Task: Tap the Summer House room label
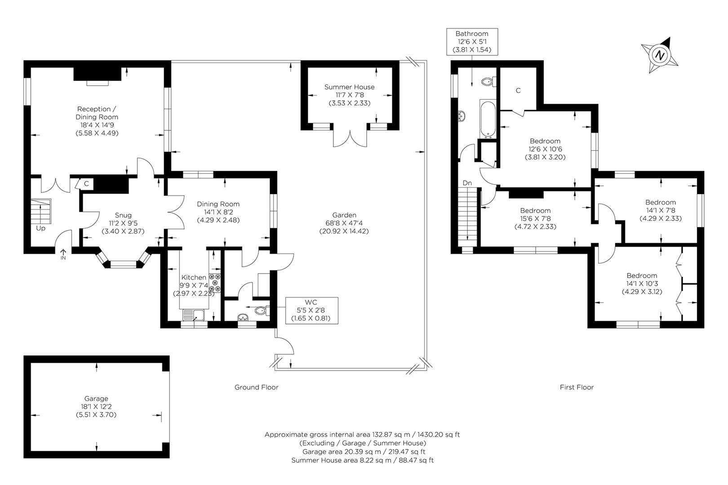(349, 95)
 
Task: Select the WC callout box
(312, 311)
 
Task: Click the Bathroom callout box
(472, 42)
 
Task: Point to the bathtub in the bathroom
(488, 119)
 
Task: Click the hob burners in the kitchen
(215, 283)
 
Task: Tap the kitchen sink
(194, 315)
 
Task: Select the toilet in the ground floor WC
(262, 311)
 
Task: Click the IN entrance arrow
(63, 254)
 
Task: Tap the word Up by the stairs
(40, 229)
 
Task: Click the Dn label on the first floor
(467, 183)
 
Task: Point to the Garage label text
(96, 406)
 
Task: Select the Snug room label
(123, 223)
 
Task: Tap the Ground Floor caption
(257, 387)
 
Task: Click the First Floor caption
(577, 387)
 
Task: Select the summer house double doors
(350, 138)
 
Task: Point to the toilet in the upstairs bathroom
(489, 82)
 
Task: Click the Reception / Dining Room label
(97, 121)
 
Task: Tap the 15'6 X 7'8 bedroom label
(535, 219)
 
